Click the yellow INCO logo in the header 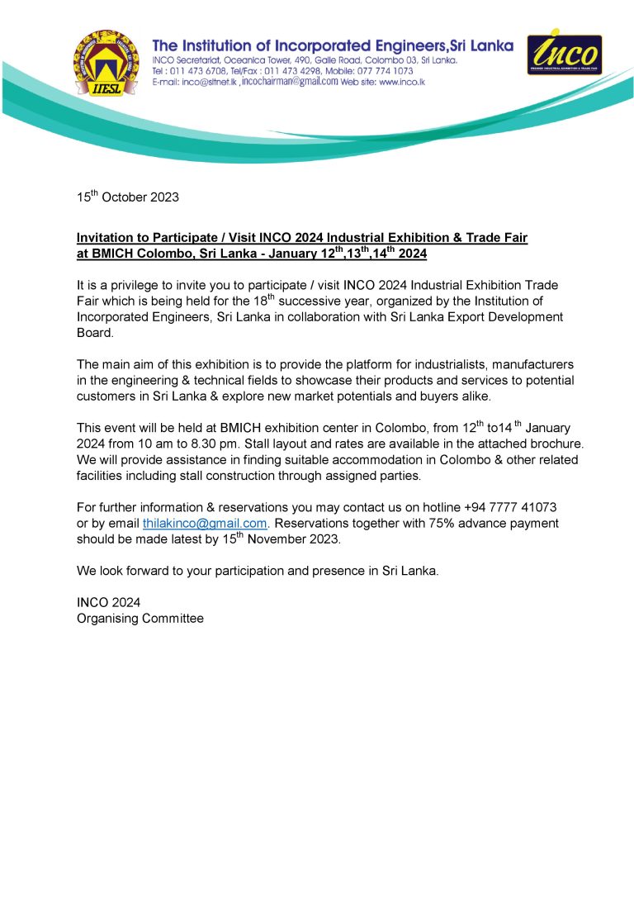(x=564, y=55)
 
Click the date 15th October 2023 (x=127, y=197)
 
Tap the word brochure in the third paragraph (x=528, y=444)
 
